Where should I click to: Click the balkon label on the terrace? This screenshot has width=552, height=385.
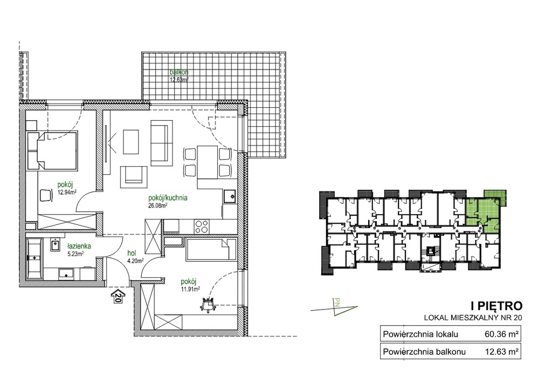point(179,72)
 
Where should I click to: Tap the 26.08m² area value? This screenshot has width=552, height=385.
point(158,205)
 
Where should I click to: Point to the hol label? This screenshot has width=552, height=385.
point(132,253)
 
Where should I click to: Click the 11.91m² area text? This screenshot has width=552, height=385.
point(190,289)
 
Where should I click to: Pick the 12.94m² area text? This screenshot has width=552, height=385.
point(67,192)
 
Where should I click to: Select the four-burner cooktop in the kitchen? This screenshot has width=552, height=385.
point(202,226)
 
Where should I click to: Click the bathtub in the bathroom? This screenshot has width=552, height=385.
point(34,258)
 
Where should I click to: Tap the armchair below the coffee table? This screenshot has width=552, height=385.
point(134,177)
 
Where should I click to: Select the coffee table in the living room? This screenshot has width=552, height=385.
point(132,142)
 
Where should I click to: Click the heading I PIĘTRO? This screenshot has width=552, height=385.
point(496,305)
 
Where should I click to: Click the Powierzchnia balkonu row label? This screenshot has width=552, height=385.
point(424,352)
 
